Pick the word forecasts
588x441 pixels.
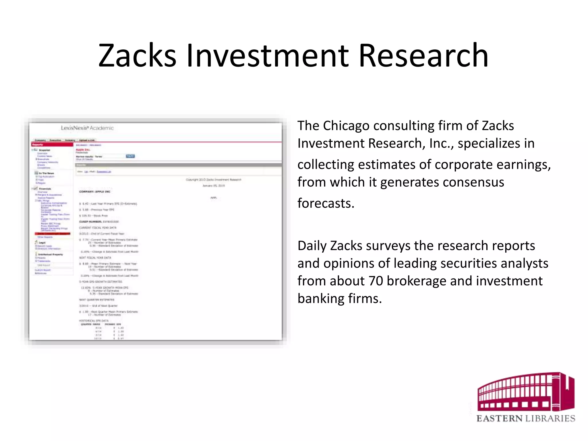(x=326, y=203)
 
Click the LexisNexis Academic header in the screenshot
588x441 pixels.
(x=87, y=128)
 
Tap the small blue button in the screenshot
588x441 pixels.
(x=130, y=156)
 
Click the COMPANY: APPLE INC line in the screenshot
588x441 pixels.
(x=95, y=192)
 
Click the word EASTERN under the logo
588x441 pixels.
(x=500, y=418)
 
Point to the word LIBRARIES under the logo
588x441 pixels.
(x=550, y=418)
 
